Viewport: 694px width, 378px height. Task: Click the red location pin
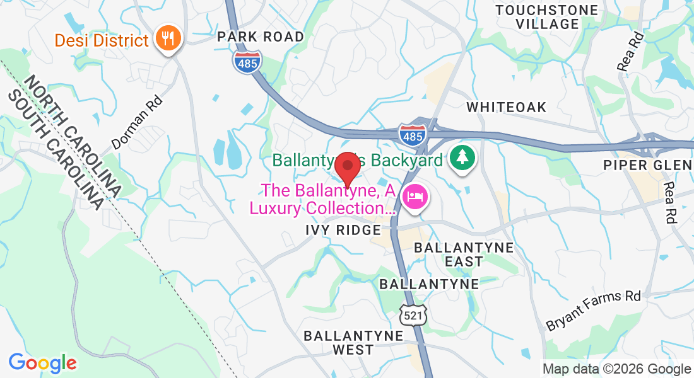point(347,168)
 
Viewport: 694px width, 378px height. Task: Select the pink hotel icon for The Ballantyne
point(415,197)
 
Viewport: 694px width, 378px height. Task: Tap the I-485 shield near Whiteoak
point(413,134)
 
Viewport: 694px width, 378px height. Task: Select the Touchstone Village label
point(546,17)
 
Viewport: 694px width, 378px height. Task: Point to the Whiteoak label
point(507,107)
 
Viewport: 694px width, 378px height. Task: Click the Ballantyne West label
point(353,342)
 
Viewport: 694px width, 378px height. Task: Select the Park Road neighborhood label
point(261,37)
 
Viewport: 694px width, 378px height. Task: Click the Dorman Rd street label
point(136,122)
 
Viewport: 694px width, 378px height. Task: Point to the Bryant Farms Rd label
point(593,311)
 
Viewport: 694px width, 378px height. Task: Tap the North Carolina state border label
point(75,134)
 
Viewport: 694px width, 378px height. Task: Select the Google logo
point(42,363)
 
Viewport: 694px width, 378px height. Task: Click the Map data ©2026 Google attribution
point(616,369)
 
